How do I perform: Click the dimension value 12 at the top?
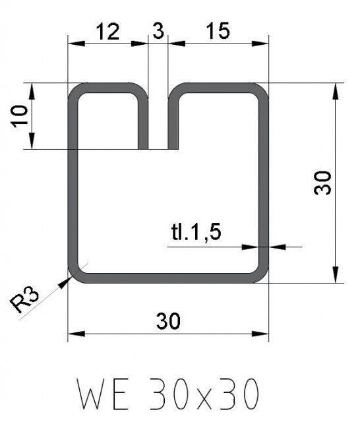[108, 32]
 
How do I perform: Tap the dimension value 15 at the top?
[218, 32]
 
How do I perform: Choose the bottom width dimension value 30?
[169, 321]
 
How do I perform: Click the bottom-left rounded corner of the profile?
[76, 276]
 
